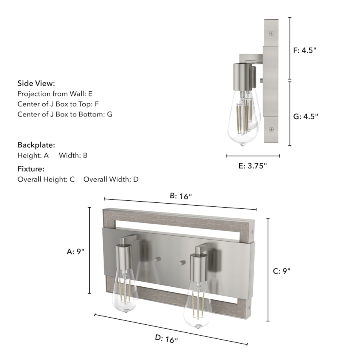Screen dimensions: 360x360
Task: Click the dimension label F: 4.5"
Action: click(x=305, y=50)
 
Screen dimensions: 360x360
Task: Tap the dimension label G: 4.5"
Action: click(x=306, y=116)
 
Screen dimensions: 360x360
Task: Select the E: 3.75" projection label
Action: click(x=253, y=166)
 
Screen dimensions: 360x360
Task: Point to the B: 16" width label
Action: click(x=181, y=196)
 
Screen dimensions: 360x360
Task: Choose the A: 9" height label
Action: click(x=76, y=252)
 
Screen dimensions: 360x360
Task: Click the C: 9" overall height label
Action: click(x=282, y=271)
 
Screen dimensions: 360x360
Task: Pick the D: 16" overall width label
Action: click(x=166, y=339)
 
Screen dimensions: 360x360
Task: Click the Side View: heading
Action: click(x=36, y=83)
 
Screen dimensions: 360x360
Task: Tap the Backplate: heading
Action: click(x=36, y=145)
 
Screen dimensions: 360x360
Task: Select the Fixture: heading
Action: click(x=31, y=169)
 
